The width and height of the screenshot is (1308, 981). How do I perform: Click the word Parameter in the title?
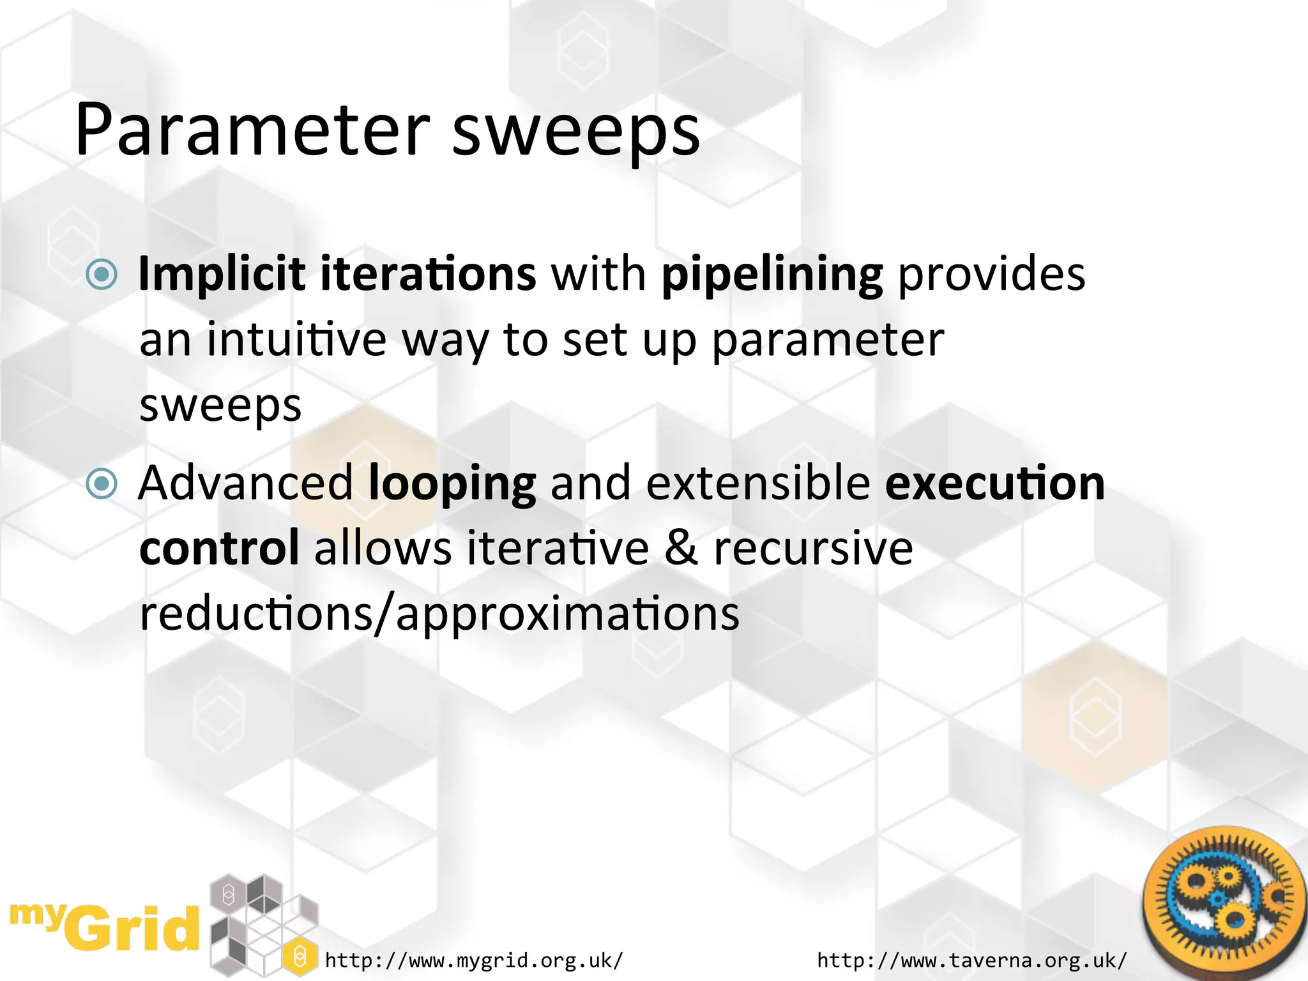[252, 131]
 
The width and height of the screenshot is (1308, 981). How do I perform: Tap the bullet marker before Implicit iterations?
[102, 275]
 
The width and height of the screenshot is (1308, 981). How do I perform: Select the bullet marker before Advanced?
[102, 483]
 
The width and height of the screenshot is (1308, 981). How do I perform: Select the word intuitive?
[296, 340]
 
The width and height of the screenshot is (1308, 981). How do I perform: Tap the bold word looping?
[452, 484]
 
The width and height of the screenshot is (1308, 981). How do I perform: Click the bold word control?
[219, 548]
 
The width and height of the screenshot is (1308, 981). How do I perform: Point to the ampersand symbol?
[681, 548]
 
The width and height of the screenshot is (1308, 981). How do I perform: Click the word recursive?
[813, 548]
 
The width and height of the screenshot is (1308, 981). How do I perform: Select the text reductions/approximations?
[439, 614]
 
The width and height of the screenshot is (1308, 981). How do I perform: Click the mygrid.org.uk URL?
[473, 960]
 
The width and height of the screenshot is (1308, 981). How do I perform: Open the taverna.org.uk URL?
[971, 960]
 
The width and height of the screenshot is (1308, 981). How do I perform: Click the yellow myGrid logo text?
[105, 927]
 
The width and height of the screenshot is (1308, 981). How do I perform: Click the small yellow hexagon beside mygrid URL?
[299, 956]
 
